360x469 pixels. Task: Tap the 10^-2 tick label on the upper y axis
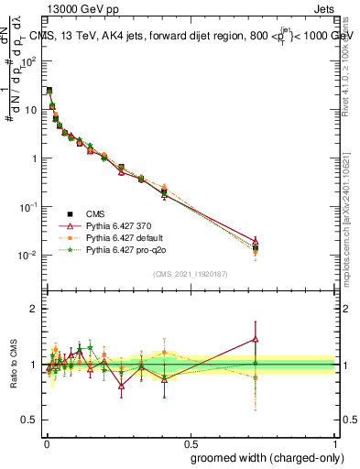[x=27, y=255]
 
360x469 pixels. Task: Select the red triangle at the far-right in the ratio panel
[x=256, y=339]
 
